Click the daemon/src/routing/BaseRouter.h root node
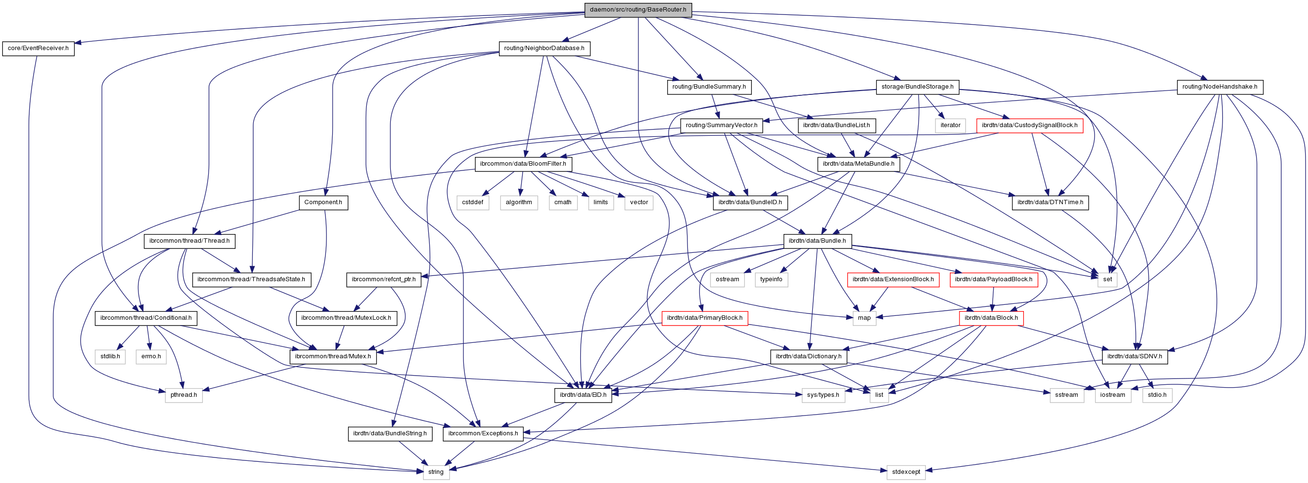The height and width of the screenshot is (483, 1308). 638,10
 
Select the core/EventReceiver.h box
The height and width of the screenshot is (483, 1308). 38,48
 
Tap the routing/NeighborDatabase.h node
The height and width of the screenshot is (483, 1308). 544,48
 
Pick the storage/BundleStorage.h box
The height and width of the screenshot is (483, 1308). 917,87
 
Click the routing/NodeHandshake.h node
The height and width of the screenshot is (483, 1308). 1219,87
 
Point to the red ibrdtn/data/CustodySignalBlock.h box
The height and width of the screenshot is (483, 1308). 1029,125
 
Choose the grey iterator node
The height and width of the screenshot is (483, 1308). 950,125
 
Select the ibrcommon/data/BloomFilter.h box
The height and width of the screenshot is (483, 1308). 523,164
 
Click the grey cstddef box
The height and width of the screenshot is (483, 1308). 472,202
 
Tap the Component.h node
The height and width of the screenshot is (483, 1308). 323,202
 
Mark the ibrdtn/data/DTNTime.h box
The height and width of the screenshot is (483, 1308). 1050,202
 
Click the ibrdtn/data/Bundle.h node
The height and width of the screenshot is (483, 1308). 817,241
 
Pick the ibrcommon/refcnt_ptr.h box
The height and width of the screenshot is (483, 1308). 383,279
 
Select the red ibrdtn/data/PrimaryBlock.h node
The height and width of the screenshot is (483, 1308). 704,318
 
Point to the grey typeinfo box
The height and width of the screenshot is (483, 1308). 771,279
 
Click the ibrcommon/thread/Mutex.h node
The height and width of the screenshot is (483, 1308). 333,356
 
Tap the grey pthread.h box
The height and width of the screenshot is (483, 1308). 183,395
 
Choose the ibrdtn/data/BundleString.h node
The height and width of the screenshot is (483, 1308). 390,434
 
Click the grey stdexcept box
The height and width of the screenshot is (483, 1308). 906,472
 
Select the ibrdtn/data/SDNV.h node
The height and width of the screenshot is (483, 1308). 1134,356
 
